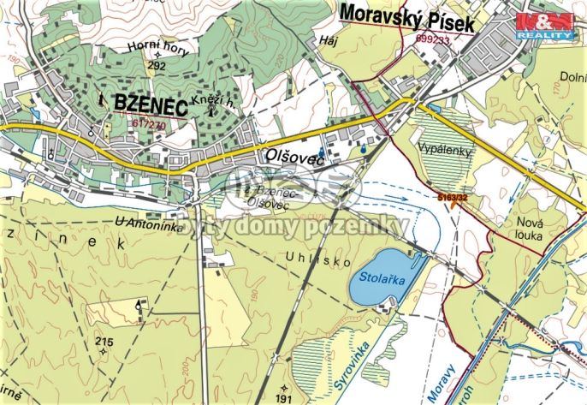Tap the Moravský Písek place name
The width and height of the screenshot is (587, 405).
pos(406,16)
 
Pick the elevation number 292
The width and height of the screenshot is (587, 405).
pos(156,64)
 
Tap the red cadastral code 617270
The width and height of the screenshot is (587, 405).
pos(149,123)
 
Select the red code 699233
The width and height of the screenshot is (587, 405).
pos(433,39)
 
